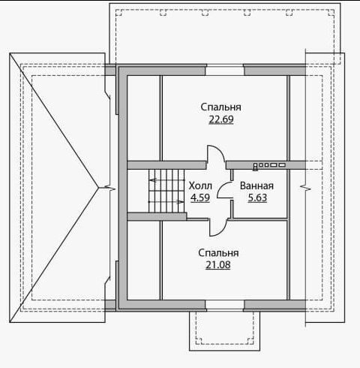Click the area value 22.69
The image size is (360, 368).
point(221,119)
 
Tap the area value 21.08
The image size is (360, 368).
point(218,265)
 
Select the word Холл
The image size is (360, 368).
point(200,186)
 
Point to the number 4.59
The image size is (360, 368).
point(200,198)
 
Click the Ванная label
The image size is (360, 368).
point(256,186)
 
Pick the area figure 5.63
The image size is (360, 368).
point(257,198)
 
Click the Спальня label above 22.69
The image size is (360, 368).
point(221,107)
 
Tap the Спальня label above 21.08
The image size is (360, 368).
point(218,253)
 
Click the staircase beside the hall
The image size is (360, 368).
point(166,191)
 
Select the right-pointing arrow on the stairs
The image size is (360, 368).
point(166,202)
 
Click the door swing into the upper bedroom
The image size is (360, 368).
point(216,153)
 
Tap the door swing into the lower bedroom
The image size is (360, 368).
point(218,228)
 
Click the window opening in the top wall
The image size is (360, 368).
point(224,70)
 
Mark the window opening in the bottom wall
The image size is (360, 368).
point(224,306)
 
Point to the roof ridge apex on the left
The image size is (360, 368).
point(99,188)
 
